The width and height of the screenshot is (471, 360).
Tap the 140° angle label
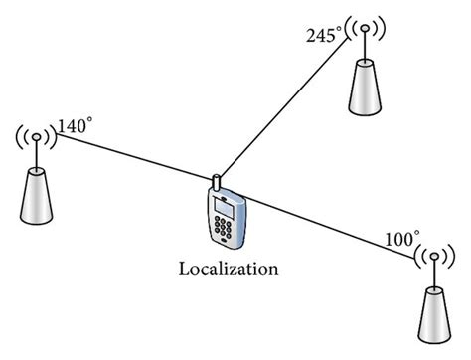(x=77, y=127)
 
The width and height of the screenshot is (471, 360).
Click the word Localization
(x=228, y=269)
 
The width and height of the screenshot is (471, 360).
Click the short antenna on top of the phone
(x=215, y=183)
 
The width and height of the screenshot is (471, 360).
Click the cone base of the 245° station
(x=367, y=90)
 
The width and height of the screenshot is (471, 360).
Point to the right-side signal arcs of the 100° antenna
(x=453, y=261)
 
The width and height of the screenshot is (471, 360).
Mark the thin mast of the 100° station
(x=434, y=273)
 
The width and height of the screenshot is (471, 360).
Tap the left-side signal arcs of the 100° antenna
(x=416, y=261)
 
